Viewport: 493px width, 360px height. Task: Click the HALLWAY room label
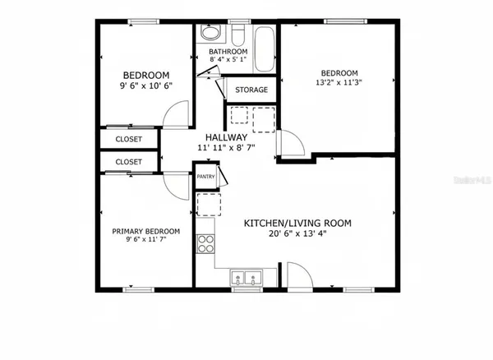point(227,137)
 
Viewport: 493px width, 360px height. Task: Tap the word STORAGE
point(251,90)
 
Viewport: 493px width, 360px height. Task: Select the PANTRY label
point(205,176)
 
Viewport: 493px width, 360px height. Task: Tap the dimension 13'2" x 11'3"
point(339,82)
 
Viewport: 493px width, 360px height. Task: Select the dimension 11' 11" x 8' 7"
point(227,148)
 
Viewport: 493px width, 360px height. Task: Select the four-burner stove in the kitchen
point(205,242)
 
